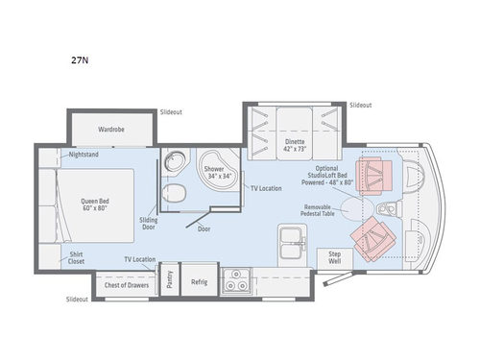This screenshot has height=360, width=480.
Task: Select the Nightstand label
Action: click(84, 155)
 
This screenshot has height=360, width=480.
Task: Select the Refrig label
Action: click(199, 282)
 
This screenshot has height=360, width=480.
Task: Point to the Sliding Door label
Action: click(149, 223)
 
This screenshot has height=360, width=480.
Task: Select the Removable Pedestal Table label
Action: click(320, 212)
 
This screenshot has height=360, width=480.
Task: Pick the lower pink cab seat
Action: click(372, 238)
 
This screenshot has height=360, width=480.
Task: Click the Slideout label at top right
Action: click(360, 105)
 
